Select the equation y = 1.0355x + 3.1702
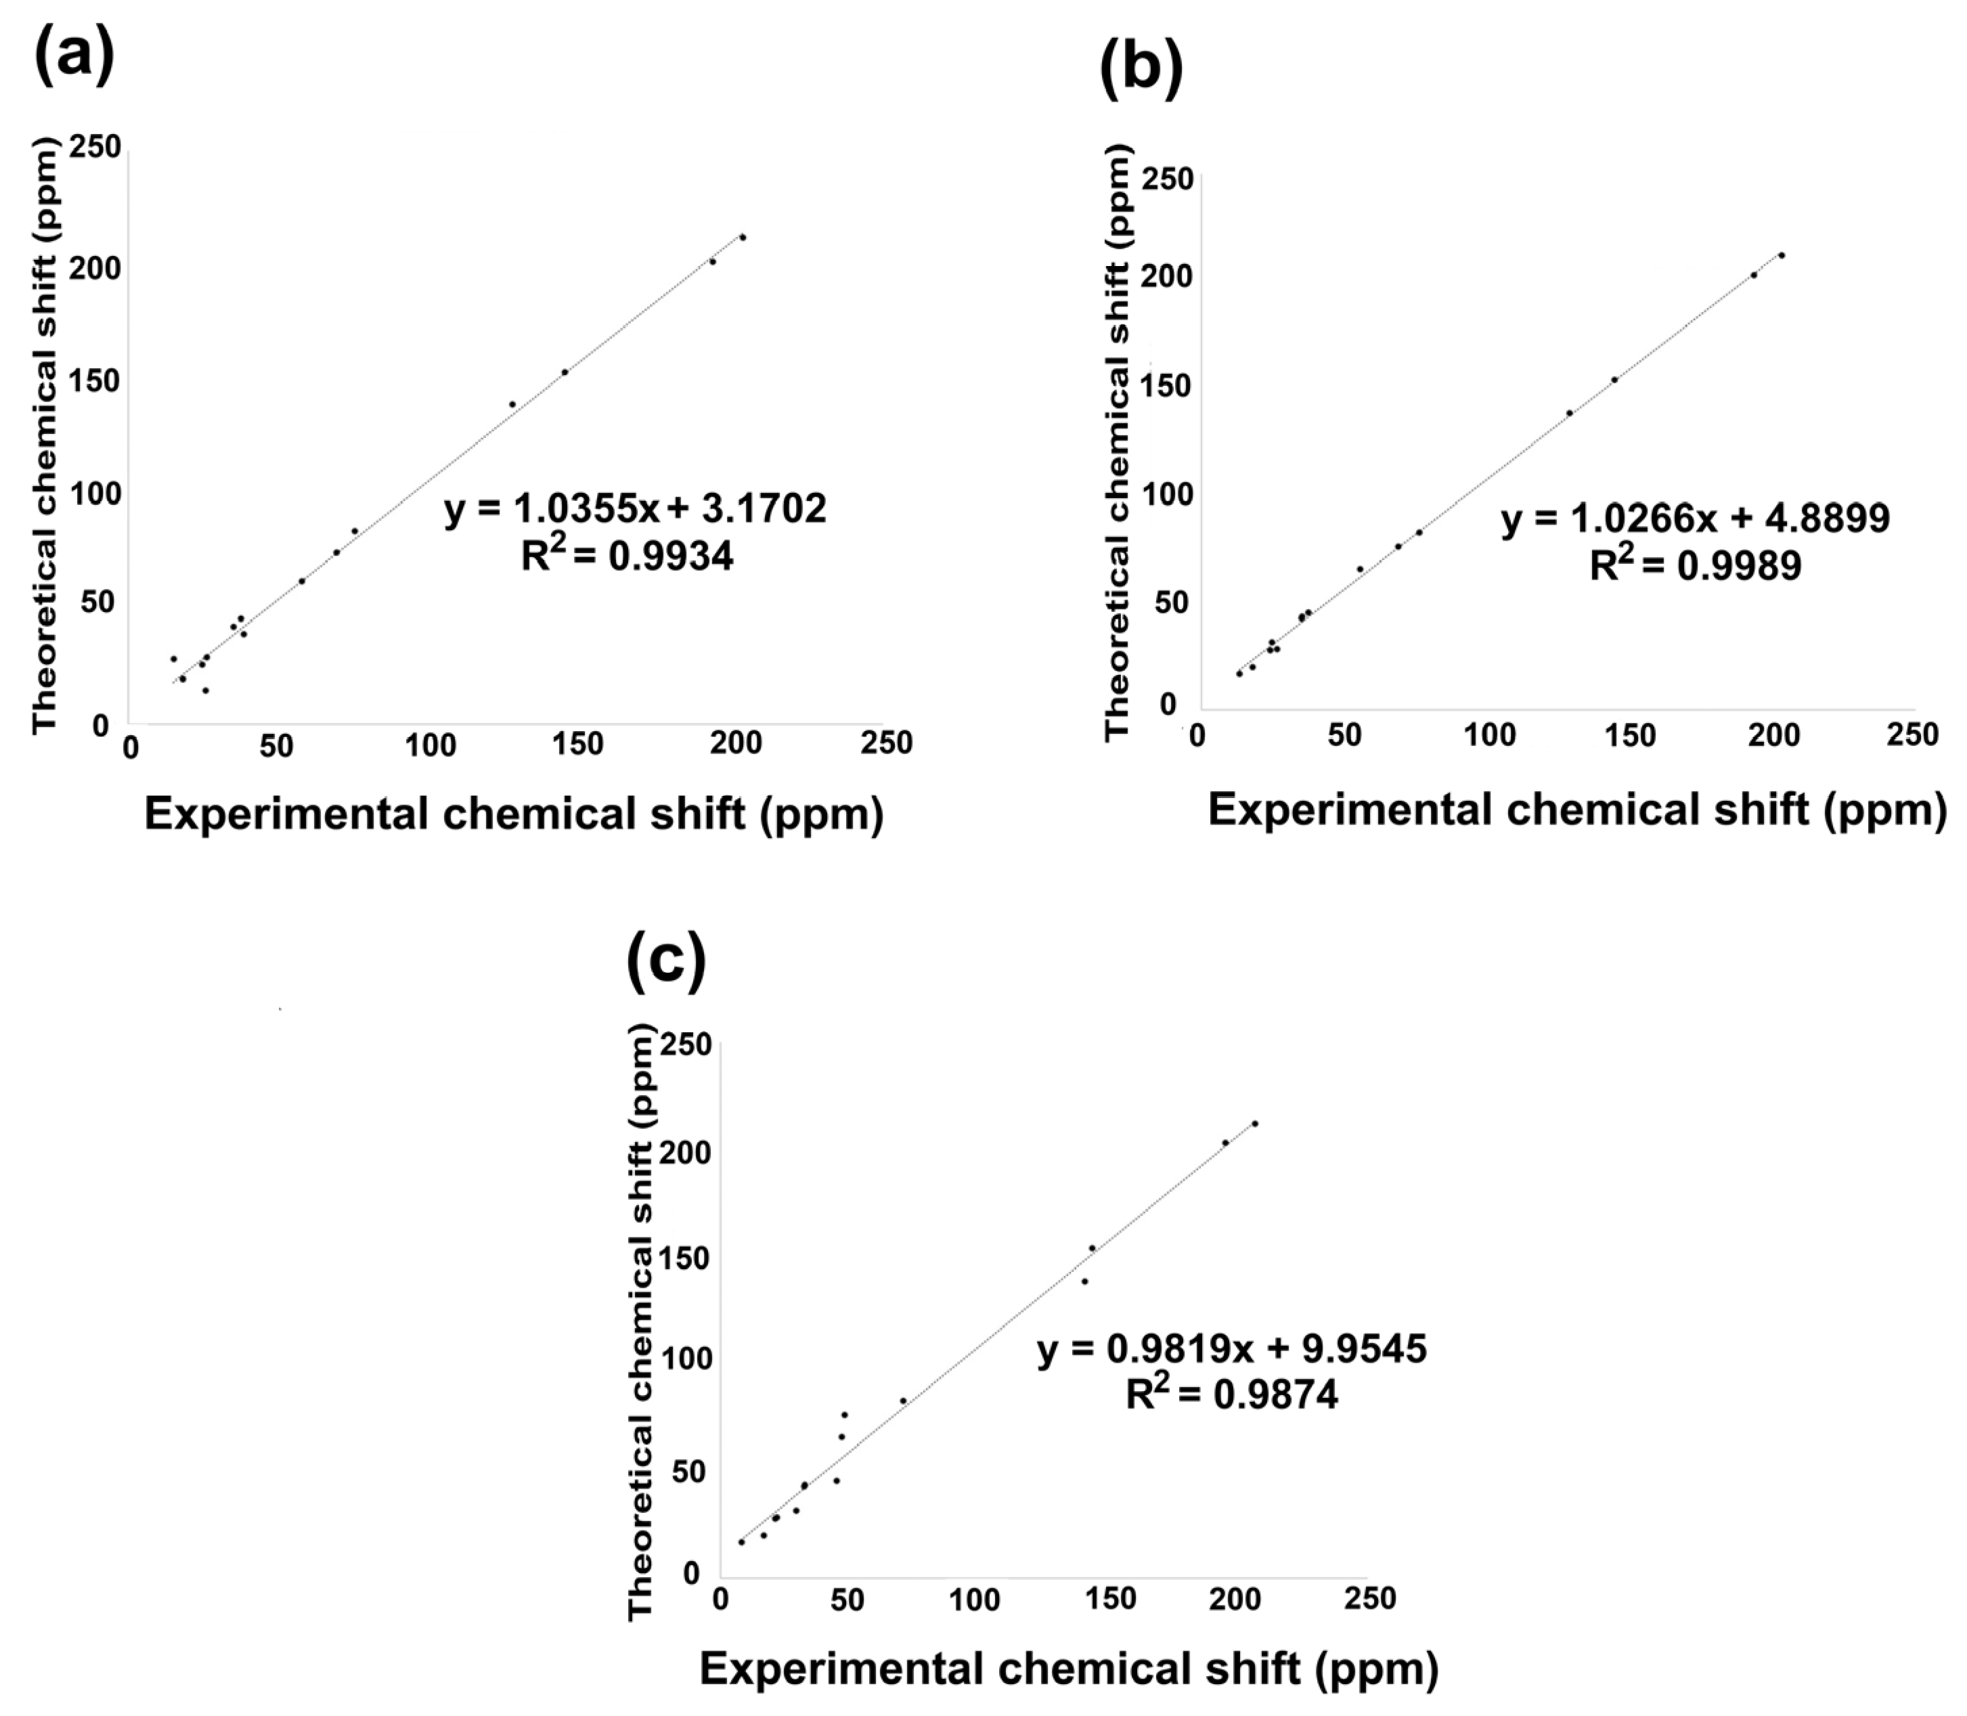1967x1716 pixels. click(635, 508)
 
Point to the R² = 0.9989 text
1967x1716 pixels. click(1695, 566)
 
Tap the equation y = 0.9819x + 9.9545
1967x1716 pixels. click(1231, 1349)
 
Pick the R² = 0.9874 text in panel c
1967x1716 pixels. click(1231, 1395)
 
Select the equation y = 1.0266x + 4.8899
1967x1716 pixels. click(1695, 519)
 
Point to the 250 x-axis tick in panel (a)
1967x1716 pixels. click(886, 743)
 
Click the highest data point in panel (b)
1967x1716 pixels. click(1782, 255)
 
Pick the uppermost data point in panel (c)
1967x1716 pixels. click(1254, 1123)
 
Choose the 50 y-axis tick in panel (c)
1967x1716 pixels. click(688, 1471)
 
